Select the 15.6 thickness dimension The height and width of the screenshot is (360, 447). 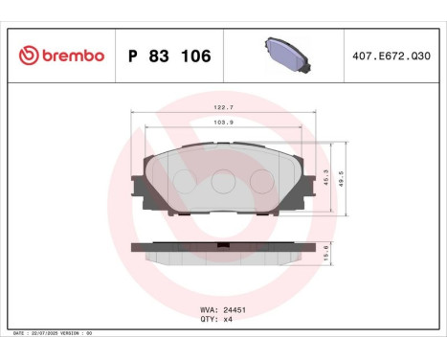click(330, 252)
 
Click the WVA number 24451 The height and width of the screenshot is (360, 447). click(234, 310)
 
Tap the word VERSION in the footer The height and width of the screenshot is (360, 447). click(70, 332)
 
